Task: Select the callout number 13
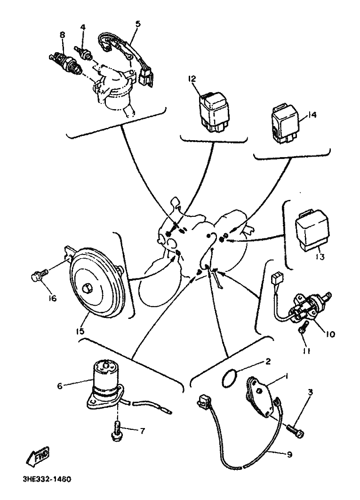pos(320,257)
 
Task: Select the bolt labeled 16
pos(38,275)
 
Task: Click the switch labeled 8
pos(65,62)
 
